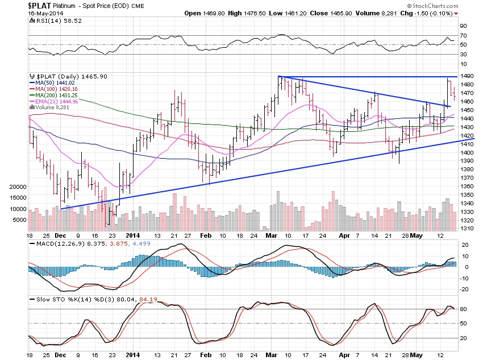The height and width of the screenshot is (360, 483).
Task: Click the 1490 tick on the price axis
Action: click(x=467, y=76)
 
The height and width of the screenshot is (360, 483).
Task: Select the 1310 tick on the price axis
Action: click(x=467, y=229)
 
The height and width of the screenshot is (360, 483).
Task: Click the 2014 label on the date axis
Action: click(x=133, y=235)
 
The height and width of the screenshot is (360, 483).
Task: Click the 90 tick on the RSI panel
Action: click(x=464, y=26)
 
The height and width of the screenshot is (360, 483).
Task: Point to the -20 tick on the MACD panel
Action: click(x=465, y=289)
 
